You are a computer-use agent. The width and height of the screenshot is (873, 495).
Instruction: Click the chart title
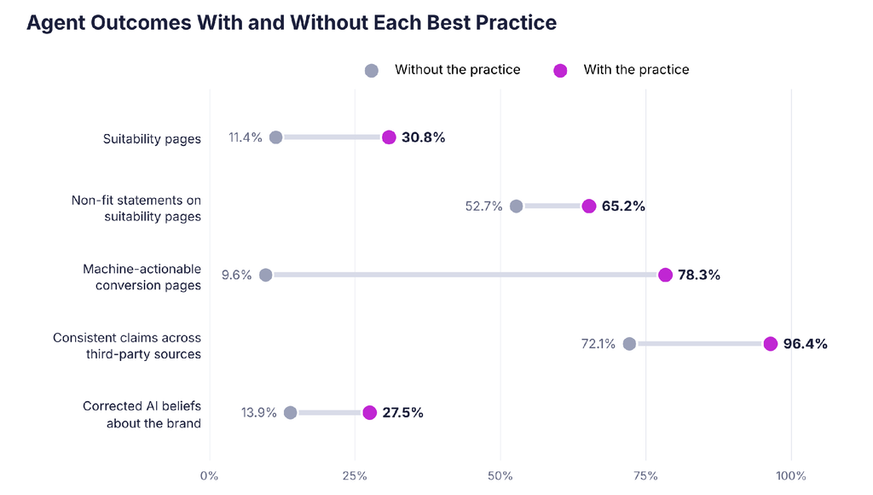pos(292,23)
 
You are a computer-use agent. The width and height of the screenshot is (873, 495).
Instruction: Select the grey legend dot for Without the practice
pos(372,71)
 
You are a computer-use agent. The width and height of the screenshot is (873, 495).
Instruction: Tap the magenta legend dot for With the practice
pos(560,71)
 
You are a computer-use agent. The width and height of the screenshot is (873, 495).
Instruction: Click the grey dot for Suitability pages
pos(275,137)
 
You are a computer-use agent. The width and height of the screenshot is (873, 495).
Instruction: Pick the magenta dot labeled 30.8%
pos(389,137)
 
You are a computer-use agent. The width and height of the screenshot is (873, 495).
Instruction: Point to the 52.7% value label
pos(484,207)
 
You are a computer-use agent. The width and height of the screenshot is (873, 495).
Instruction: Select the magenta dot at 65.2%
pos(588,207)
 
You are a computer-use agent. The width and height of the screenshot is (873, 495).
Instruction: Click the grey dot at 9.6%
pos(266,275)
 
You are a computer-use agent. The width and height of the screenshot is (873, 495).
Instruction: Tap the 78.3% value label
pos(699,275)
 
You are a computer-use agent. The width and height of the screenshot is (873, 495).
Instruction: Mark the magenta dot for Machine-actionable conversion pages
pos(665,275)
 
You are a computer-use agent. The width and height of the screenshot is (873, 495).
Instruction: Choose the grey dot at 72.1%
pos(629,344)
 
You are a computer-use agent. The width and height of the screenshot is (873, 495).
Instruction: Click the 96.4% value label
pos(805,344)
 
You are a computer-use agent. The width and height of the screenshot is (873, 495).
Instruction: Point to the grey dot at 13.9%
pos(290,412)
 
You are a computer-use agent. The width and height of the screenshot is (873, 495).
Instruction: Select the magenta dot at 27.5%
pos(369,412)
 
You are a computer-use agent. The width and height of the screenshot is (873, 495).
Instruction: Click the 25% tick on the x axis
pos(355,476)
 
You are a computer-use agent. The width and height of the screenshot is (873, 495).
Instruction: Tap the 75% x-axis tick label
pos(646,476)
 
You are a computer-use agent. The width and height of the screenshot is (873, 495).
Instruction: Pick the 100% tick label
pos(791,476)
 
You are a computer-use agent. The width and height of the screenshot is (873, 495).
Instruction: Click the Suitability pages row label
pos(152,139)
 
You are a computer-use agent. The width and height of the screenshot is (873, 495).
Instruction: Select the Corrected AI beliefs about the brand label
pos(142,415)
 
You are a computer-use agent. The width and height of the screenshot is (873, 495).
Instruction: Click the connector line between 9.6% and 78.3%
pos(465,275)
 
